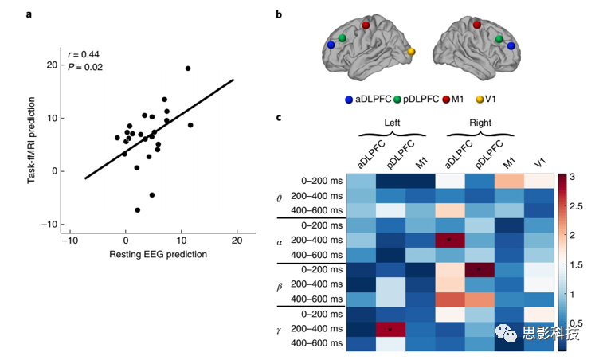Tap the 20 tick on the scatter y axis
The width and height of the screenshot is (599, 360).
point(52,65)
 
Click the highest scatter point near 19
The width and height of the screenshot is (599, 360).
point(188,68)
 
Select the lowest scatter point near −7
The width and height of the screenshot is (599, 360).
point(137,210)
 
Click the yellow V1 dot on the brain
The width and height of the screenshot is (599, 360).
point(411,52)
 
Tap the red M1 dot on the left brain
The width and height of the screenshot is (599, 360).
point(366,25)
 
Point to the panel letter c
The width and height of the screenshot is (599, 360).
point(278,118)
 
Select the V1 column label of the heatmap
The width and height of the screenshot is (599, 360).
point(541,161)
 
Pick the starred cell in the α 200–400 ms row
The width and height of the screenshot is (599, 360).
point(449,239)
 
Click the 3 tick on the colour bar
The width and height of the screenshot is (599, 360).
point(577,174)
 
